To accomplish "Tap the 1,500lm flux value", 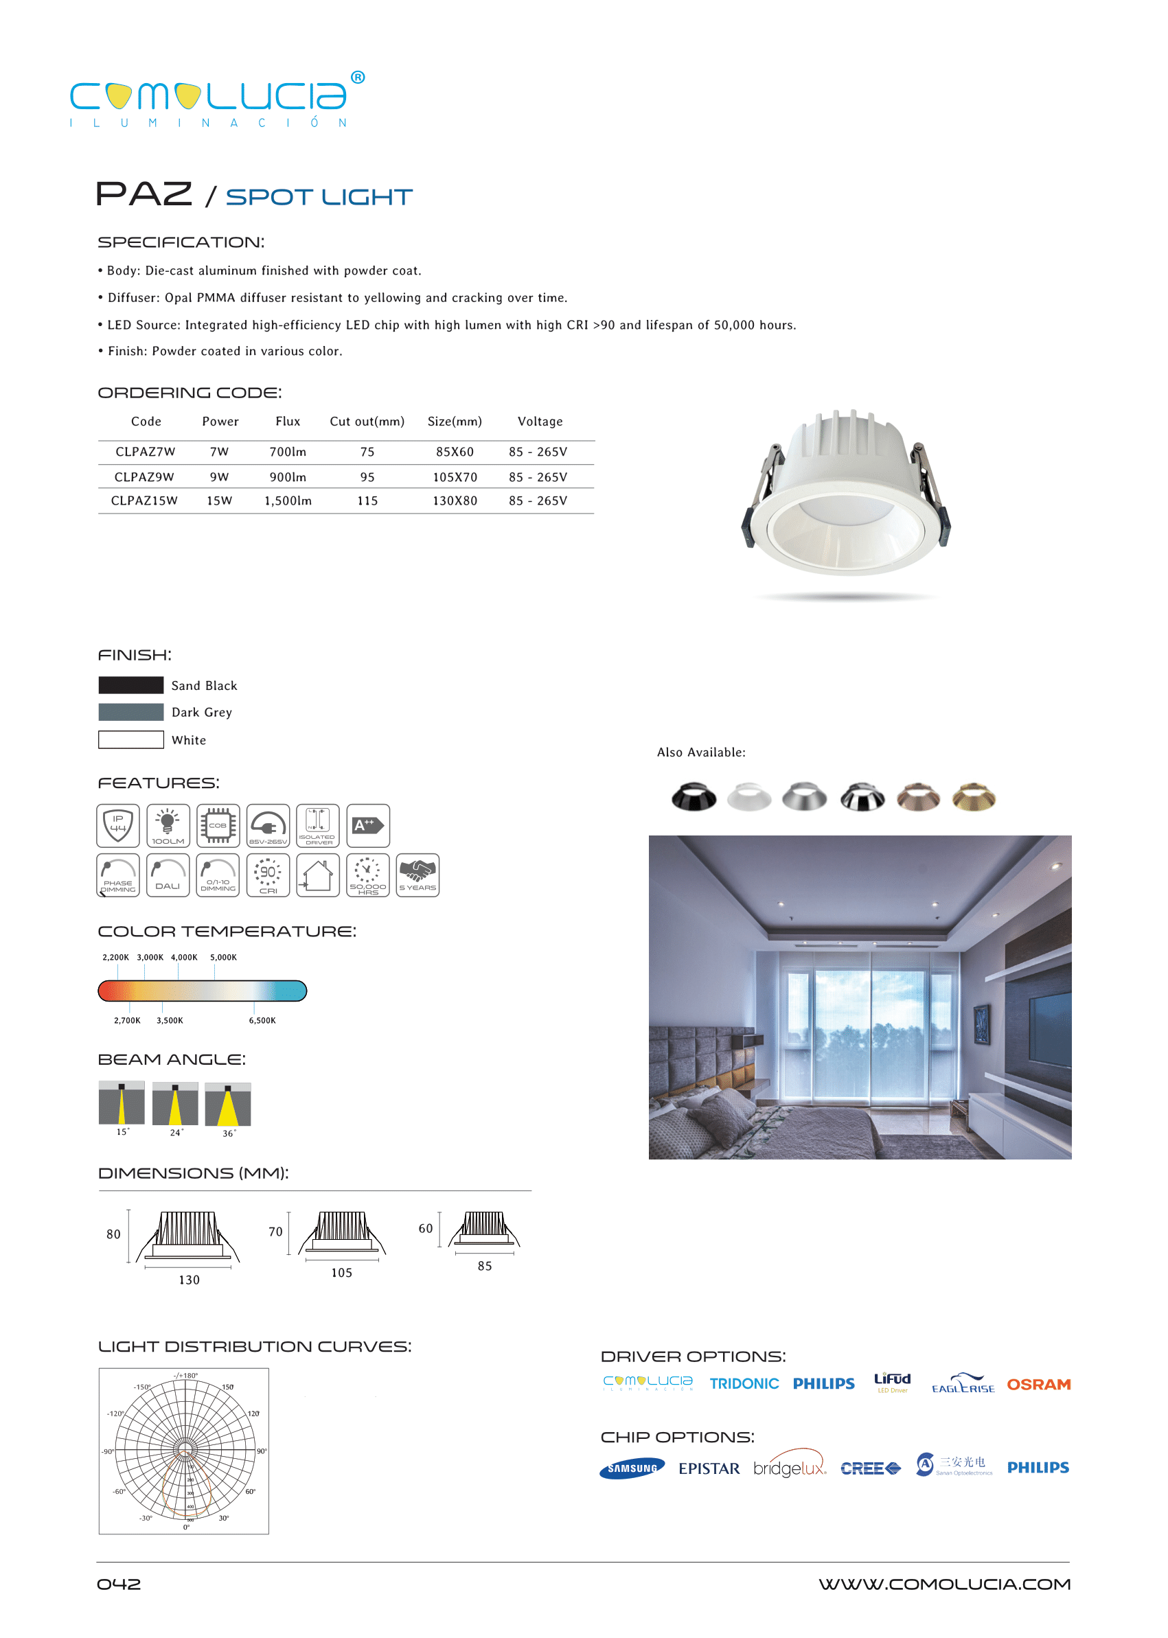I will tap(288, 500).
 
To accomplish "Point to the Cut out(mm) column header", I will tap(367, 422).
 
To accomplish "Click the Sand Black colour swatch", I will tap(131, 684).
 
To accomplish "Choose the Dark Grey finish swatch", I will tap(131, 712).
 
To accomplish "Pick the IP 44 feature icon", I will tap(118, 824).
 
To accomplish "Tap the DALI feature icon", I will tap(168, 875).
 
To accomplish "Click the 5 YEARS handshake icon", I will tap(417, 875).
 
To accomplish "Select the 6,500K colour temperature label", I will tap(262, 1020).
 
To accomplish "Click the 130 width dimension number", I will tap(189, 1280).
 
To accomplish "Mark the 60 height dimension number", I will tap(426, 1228).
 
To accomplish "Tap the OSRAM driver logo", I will tap(1038, 1384).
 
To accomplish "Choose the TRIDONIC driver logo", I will tap(744, 1383).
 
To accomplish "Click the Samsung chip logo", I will tap(632, 1468).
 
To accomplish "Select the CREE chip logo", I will tap(870, 1468).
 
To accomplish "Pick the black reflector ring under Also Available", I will tap(694, 797).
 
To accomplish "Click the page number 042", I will tap(119, 1584).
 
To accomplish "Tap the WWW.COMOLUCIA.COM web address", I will tap(944, 1584).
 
